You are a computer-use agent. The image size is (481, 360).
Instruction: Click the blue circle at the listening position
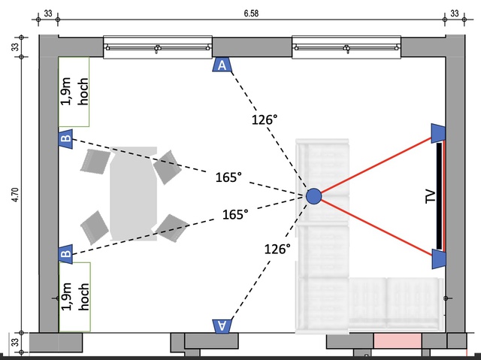point(314,197)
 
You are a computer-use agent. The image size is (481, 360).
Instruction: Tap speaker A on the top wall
point(222,65)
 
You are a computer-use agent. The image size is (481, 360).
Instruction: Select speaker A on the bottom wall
point(222,325)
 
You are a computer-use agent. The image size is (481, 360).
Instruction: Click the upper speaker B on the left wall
point(65,139)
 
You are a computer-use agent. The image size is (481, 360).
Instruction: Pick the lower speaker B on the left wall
point(65,254)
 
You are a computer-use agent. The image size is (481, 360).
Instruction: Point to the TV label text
point(431,197)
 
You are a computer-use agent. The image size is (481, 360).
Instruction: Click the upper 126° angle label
point(265,119)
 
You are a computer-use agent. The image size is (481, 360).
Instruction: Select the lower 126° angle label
point(276,249)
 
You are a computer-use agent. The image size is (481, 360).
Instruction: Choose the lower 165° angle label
point(235,215)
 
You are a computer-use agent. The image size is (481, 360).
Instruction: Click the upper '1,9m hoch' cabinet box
point(74,91)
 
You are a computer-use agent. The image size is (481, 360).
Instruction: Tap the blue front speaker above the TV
point(439,133)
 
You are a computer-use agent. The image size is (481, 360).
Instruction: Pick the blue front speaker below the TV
point(439,259)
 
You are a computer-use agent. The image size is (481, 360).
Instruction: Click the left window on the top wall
point(157,47)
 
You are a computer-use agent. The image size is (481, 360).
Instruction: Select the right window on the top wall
point(346,47)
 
